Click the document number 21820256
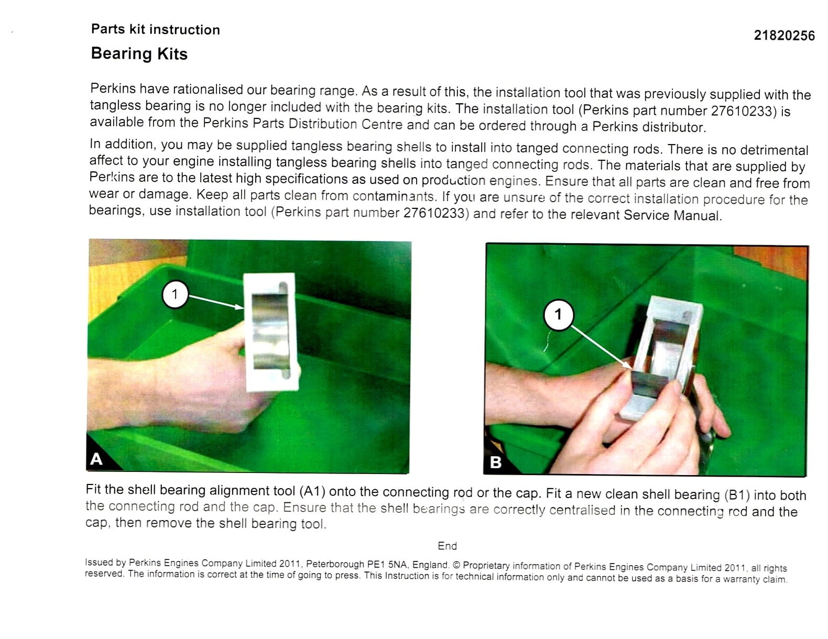tap(784, 36)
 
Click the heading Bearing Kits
tap(139, 54)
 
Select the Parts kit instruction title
tap(156, 29)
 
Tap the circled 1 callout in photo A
tap(175, 294)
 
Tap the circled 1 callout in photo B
tap(559, 315)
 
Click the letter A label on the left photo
tap(96, 459)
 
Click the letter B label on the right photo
tap(495, 462)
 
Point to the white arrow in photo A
tap(216, 301)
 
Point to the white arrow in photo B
tap(602, 348)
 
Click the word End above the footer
tap(448, 546)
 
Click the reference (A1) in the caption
tap(312, 491)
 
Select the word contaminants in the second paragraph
tap(394, 196)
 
